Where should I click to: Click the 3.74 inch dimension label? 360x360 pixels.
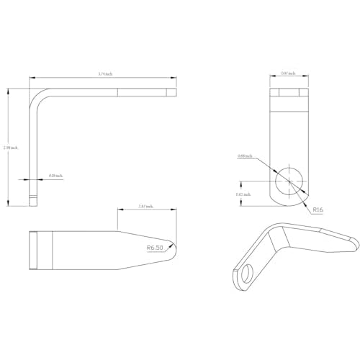[104, 74]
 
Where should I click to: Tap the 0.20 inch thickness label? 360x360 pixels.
[55, 176]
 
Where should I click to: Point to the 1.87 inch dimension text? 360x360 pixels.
[144, 207]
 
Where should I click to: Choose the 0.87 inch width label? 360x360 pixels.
[287, 74]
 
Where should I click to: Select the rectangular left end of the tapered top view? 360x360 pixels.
[34, 250]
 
